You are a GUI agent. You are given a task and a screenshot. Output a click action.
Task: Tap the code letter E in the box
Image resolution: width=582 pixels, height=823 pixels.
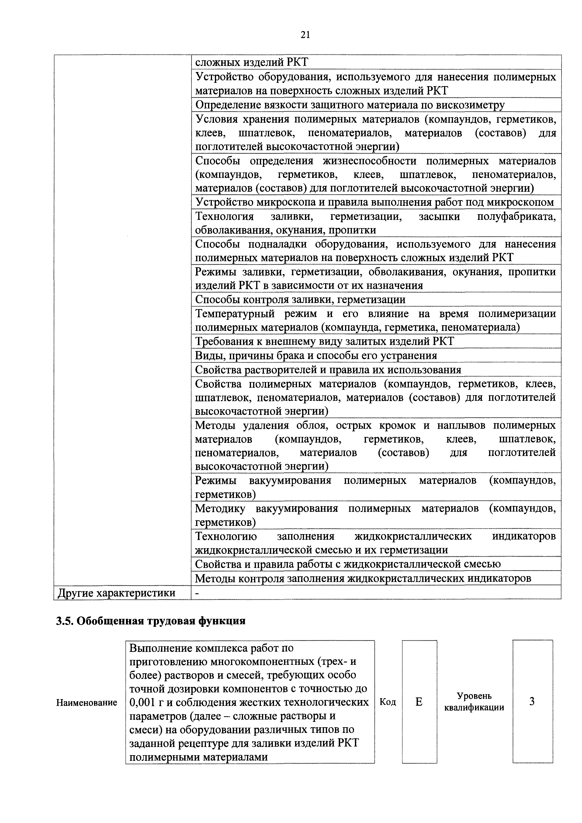419,701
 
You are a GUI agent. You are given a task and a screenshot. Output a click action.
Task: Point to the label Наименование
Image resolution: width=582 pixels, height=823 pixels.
87,703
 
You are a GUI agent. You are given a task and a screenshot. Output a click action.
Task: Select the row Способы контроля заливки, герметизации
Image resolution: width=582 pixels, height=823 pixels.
300,299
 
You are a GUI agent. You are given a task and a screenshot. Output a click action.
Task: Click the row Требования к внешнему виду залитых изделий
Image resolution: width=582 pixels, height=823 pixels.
324,341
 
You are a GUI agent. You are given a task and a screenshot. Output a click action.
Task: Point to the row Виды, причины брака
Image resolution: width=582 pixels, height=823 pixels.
316,356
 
